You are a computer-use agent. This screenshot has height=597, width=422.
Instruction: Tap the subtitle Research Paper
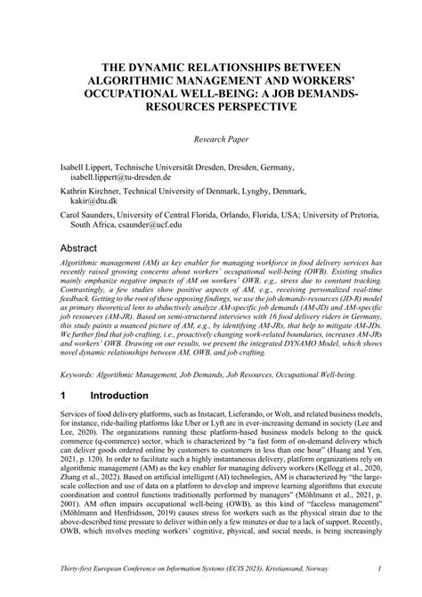point(211,140)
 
